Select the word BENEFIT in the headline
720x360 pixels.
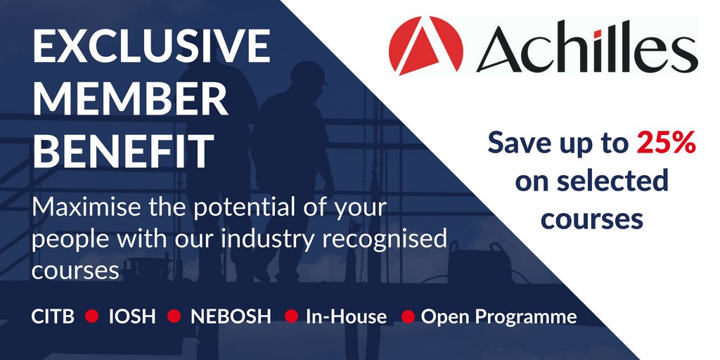(x=124, y=150)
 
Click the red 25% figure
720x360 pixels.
(x=667, y=143)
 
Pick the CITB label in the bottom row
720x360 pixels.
(x=53, y=316)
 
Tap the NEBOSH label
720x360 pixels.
(x=231, y=316)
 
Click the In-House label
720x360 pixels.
(x=346, y=316)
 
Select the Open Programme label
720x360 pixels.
(x=499, y=316)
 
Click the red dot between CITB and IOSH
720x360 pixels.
(x=91, y=316)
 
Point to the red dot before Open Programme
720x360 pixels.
(x=407, y=316)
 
